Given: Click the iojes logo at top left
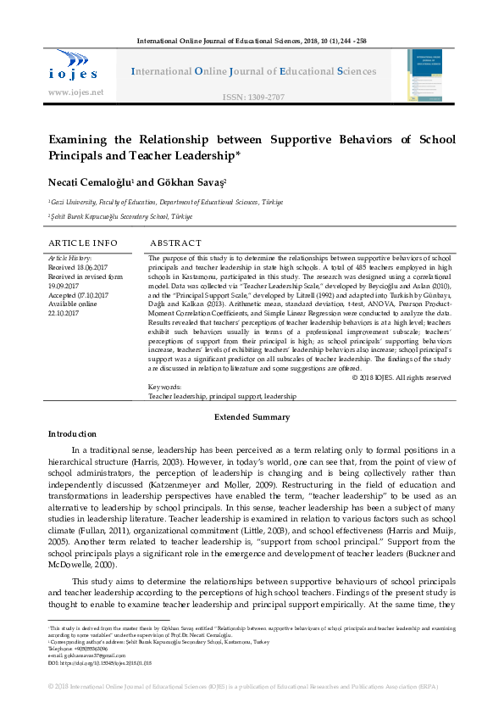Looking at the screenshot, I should pyautogui.click(x=73, y=66).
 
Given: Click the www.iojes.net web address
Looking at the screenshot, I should pyautogui.click(x=76, y=92).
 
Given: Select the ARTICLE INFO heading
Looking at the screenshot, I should pyautogui.click(x=82, y=243).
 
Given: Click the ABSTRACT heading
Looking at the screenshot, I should pyautogui.click(x=175, y=243).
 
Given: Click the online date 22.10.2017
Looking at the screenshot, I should pyautogui.click(x=66, y=311).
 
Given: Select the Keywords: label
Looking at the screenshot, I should pyautogui.click(x=164, y=387).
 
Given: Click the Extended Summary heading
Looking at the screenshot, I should pyautogui.click(x=252, y=417).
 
